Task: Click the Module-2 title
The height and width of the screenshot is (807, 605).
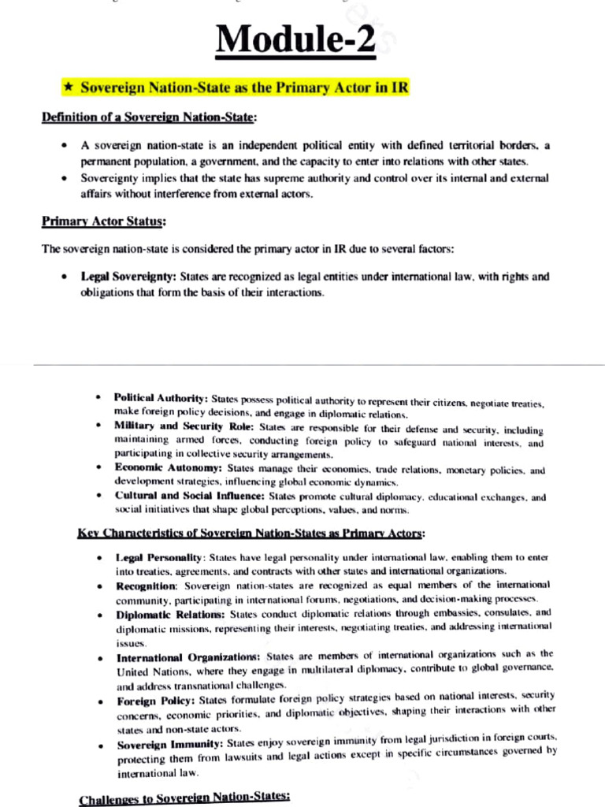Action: coord(302,38)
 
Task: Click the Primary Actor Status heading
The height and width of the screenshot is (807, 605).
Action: coord(103,221)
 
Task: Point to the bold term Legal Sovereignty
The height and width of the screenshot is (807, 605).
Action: coord(129,277)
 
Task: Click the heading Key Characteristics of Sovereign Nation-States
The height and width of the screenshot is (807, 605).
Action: coord(251,534)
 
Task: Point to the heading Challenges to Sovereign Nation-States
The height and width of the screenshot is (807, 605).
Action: coord(184,800)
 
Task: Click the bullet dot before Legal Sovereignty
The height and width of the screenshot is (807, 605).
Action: coord(63,277)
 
